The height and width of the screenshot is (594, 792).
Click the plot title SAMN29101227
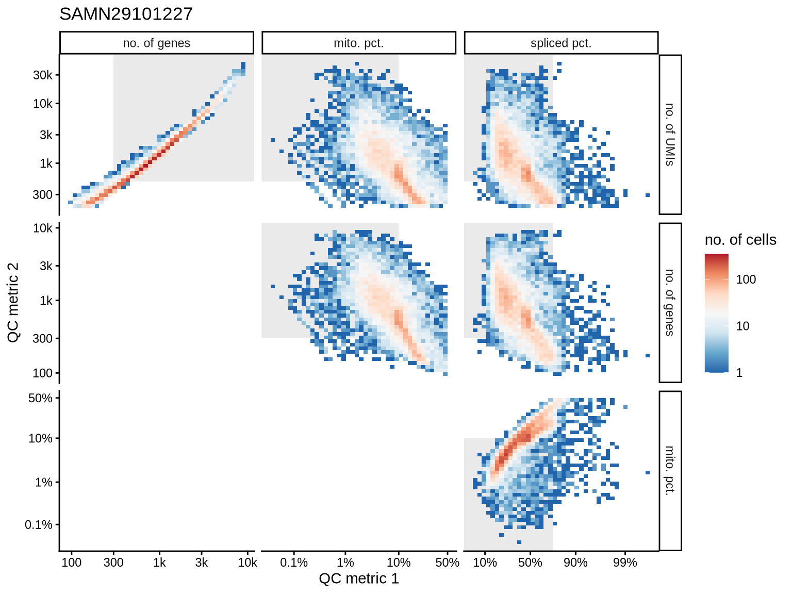pyautogui.click(x=126, y=14)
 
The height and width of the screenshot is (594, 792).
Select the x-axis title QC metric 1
pyautogui.click(x=359, y=579)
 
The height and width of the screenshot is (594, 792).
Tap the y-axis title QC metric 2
pyautogui.click(x=13, y=302)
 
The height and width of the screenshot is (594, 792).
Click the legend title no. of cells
pyautogui.click(x=740, y=240)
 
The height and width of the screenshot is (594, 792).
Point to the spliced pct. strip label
pyautogui.click(x=561, y=43)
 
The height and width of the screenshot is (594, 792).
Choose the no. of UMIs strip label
pyautogui.click(x=670, y=135)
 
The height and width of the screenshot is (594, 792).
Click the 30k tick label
pyautogui.click(x=43, y=75)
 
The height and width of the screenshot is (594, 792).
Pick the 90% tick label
pyautogui.click(x=575, y=563)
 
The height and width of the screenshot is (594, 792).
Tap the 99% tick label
pyautogui.click(x=625, y=563)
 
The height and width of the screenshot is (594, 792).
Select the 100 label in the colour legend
pyautogui.click(x=746, y=279)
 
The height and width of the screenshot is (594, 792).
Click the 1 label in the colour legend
pyautogui.click(x=739, y=373)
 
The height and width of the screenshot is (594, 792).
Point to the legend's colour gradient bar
pyautogui.click(x=717, y=313)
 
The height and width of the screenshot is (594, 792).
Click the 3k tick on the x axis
pyautogui.click(x=202, y=563)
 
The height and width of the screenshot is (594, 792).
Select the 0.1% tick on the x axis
pyautogui.click(x=294, y=563)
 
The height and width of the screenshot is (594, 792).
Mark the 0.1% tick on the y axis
pyautogui.click(x=39, y=525)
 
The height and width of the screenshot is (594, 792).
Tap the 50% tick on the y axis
pyautogui.click(x=40, y=398)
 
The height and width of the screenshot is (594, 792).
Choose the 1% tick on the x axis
pyautogui.click(x=345, y=563)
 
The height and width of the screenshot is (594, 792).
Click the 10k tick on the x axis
pyautogui.click(x=247, y=563)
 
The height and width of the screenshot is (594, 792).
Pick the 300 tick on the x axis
pyautogui.click(x=113, y=563)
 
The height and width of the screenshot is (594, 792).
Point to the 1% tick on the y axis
pyautogui.click(x=44, y=483)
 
